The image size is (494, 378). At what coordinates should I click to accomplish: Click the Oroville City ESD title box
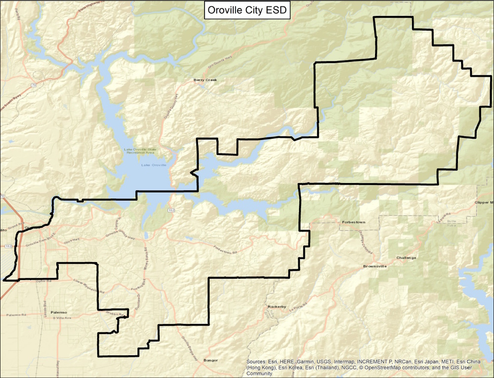coord(247,10)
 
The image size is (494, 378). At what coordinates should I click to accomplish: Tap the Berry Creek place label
coord(205,80)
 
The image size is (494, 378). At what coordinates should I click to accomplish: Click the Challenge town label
coord(406,258)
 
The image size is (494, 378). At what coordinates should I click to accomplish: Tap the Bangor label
coord(210,360)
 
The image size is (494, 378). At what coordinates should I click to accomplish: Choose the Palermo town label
coord(58,312)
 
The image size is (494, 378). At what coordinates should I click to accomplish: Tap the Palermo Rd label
coord(17,315)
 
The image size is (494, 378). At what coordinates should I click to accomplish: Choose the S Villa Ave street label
coord(62,318)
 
